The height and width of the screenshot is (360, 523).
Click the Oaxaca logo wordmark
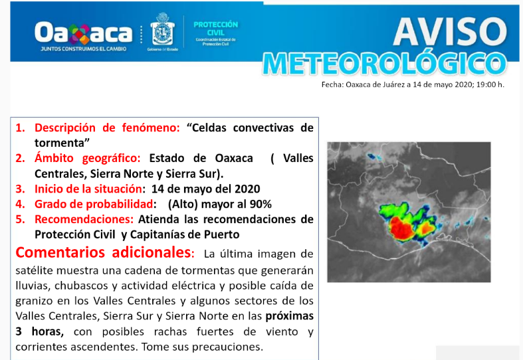point(83,31)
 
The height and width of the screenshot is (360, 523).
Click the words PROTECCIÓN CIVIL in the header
point(215,28)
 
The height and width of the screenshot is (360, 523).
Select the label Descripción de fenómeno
point(107,128)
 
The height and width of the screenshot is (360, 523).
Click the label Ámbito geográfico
point(88,158)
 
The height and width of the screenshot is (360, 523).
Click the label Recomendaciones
point(83,219)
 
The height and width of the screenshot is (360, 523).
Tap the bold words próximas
point(289,315)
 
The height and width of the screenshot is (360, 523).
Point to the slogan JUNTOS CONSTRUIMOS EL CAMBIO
point(82,48)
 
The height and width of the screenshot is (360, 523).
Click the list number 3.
point(21,189)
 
